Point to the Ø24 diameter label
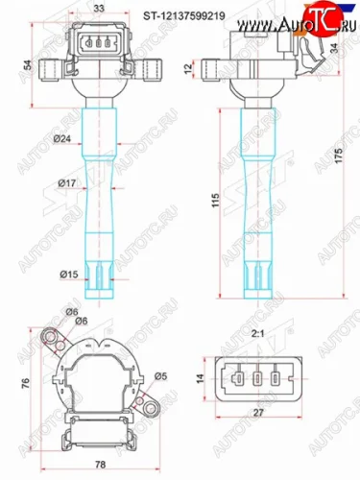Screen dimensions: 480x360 pyautogui.click(x=65, y=139)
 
